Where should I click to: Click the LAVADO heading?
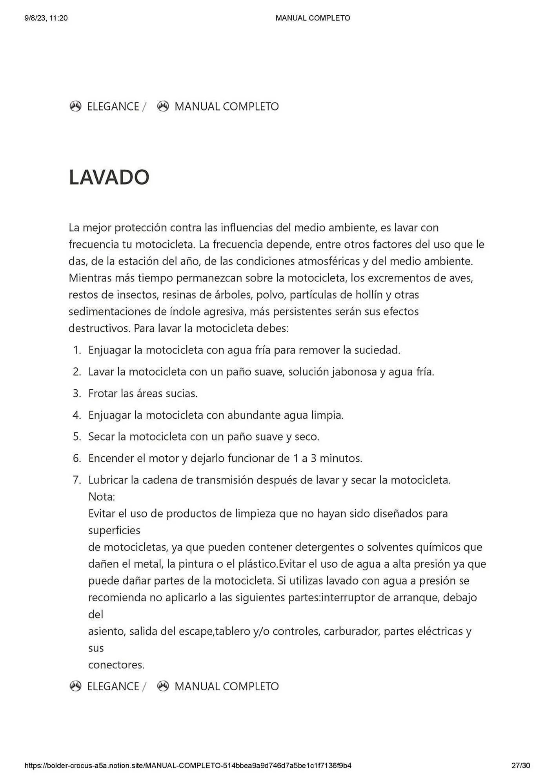109,177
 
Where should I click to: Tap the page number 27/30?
520,766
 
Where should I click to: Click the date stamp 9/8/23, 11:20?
46,18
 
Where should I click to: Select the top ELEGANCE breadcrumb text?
113,107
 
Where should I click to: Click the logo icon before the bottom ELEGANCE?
75,686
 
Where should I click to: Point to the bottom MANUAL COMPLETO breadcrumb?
226,686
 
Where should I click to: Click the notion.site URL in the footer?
188,766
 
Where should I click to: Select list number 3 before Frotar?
77,394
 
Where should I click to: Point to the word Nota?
102,497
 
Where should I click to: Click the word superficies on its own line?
114,530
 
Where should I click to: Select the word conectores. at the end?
116,665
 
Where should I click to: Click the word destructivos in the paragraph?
99,328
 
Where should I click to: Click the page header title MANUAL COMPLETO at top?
313,18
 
